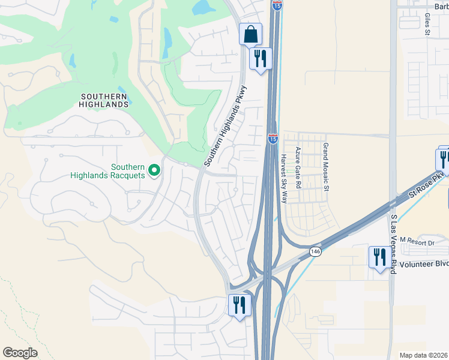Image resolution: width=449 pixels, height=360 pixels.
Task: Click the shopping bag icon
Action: coord(250,34)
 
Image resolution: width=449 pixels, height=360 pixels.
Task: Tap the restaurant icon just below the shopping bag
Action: coord(261,59)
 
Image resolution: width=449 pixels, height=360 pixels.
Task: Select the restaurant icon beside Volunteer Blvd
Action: coord(379,257)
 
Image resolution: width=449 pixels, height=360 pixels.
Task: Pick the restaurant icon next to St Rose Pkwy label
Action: coord(444,160)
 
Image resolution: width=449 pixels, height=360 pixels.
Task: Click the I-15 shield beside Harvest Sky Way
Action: coord(273,139)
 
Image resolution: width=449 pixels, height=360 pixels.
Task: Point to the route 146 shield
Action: coord(316,251)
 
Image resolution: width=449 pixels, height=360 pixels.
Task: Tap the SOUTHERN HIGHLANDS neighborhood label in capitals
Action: coord(104,100)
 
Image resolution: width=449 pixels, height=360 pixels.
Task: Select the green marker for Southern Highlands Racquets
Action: coord(154,171)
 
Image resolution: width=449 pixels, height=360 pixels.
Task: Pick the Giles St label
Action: coord(429,26)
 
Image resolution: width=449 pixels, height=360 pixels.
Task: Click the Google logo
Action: coord(20,353)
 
